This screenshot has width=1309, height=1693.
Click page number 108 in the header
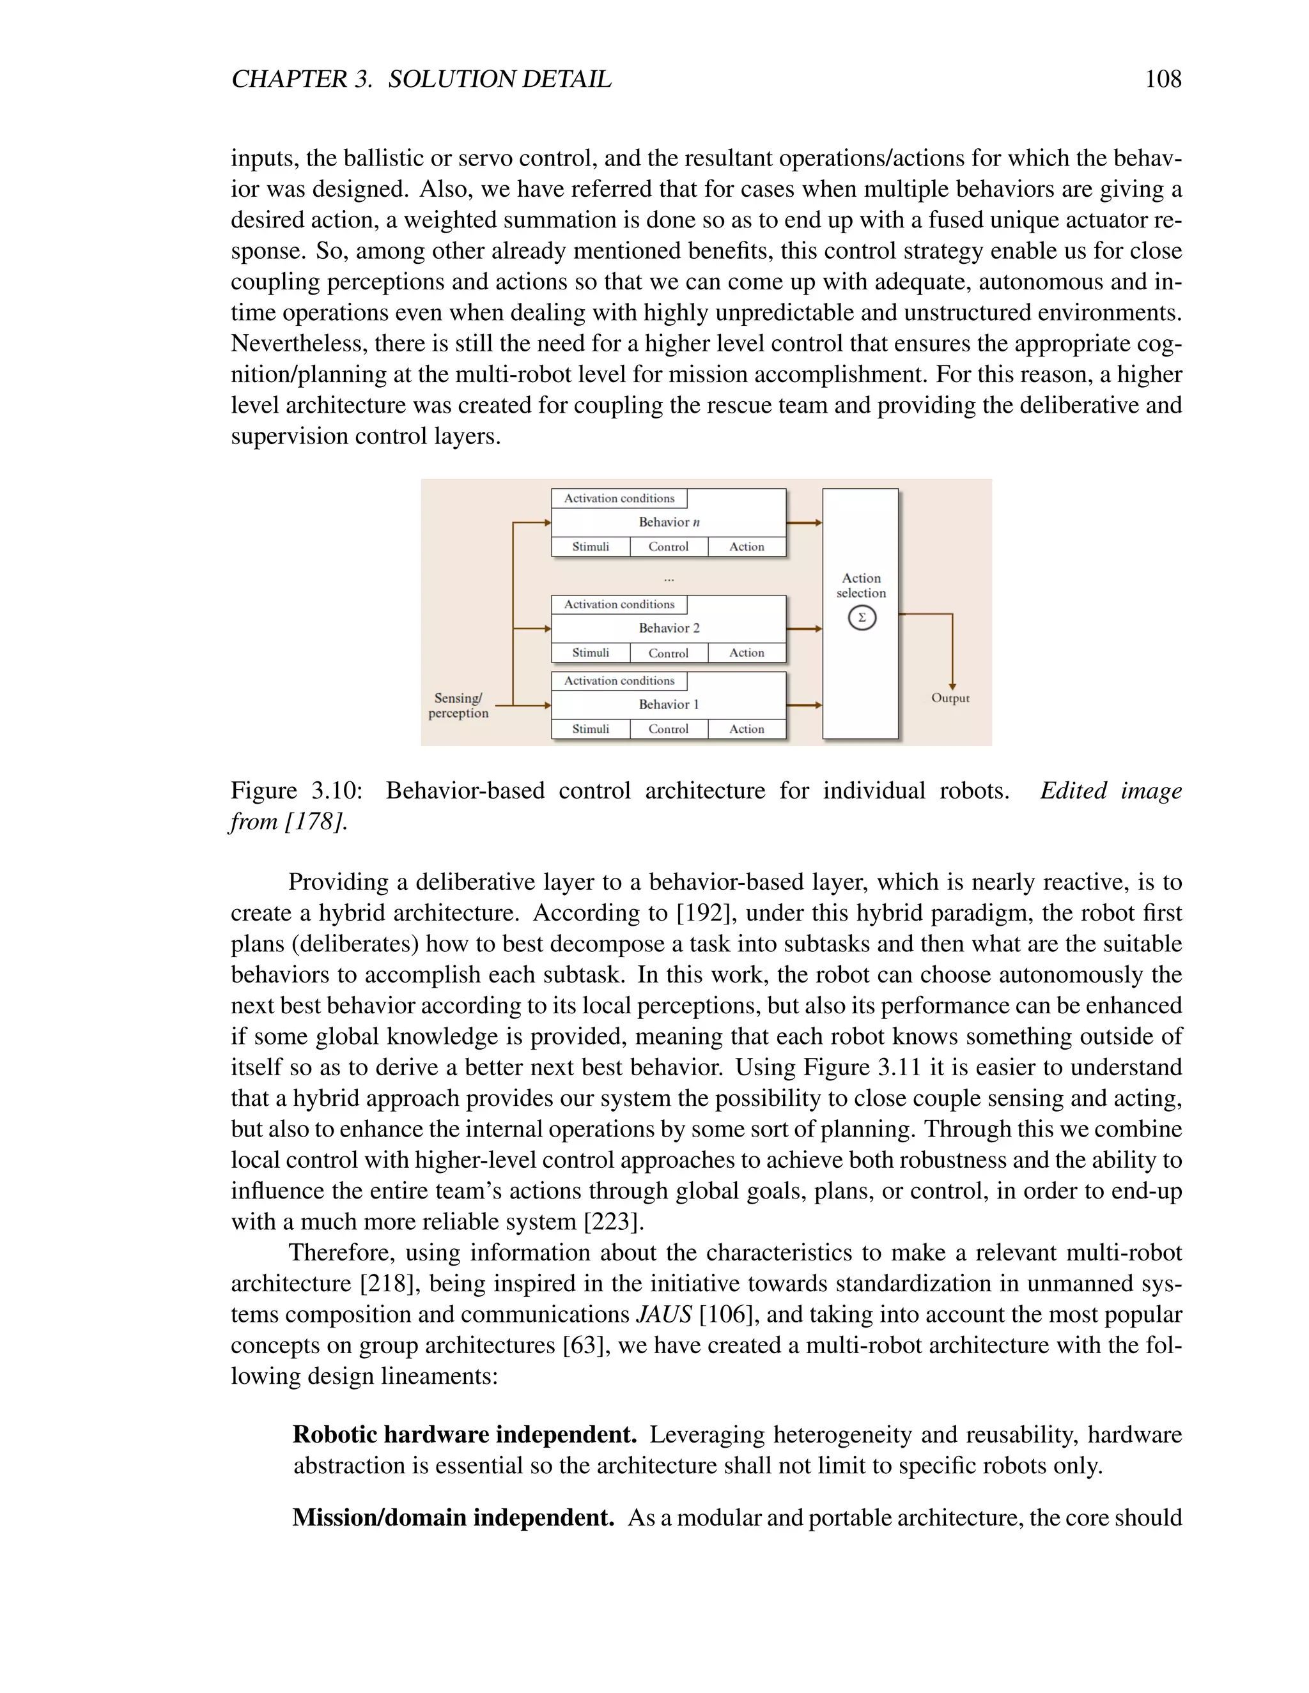(1163, 79)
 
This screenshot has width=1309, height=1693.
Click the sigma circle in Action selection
(862, 618)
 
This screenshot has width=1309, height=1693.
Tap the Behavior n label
(669, 523)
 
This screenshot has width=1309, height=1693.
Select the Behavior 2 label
(669, 628)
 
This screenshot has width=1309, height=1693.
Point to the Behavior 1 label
(669, 705)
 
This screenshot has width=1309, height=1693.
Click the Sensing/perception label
(458, 705)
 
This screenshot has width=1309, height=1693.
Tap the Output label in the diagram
(950, 698)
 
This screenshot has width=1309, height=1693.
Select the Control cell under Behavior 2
(669, 653)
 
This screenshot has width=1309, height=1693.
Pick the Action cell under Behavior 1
(746, 729)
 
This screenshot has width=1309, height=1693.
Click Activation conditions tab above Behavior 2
(619, 604)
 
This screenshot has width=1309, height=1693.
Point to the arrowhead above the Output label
(952, 686)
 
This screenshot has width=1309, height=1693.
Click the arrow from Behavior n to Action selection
(804, 523)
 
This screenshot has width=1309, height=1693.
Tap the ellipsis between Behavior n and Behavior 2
(669, 578)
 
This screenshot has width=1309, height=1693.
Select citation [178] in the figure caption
(314, 822)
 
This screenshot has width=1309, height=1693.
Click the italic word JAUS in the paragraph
(663, 1315)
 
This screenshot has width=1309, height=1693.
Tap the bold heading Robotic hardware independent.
(465, 1435)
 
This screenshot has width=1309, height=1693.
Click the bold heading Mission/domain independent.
(453, 1517)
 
